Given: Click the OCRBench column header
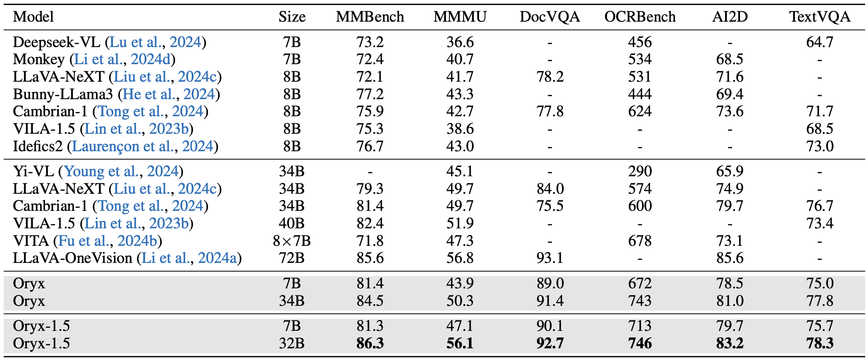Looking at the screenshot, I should click(x=640, y=17).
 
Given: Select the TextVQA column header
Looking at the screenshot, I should click(x=819, y=17).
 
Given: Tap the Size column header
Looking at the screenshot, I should click(x=292, y=17).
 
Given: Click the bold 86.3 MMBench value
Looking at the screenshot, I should click(x=370, y=343).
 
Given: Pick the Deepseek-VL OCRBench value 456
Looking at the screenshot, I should click(x=640, y=42).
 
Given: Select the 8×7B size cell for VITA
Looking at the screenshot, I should click(x=292, y=241).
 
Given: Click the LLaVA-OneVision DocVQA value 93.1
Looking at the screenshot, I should click(x=550, y=258).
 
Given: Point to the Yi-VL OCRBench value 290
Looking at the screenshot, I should click(x=640, y=171).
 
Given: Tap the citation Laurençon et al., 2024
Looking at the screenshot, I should click(x=143, y=147).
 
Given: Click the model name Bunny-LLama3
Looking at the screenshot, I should click(x=63, y=95).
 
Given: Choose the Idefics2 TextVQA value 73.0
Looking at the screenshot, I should click(x=819, y=147).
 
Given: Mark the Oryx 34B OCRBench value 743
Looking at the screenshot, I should click(x=640, y=301).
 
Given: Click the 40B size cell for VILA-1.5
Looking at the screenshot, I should click(x=292, y=223).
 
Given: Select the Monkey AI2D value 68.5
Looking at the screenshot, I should click(x=730, y=60).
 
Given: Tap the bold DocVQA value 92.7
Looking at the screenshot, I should click(x=550, y=343).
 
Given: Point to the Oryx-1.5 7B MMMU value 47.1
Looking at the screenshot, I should click(x=460, y=326).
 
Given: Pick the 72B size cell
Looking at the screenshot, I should click(x=292, y=258).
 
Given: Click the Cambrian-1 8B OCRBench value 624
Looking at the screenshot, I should click(x=640, y=112).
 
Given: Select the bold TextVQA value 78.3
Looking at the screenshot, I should click(x=819, y=343).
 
